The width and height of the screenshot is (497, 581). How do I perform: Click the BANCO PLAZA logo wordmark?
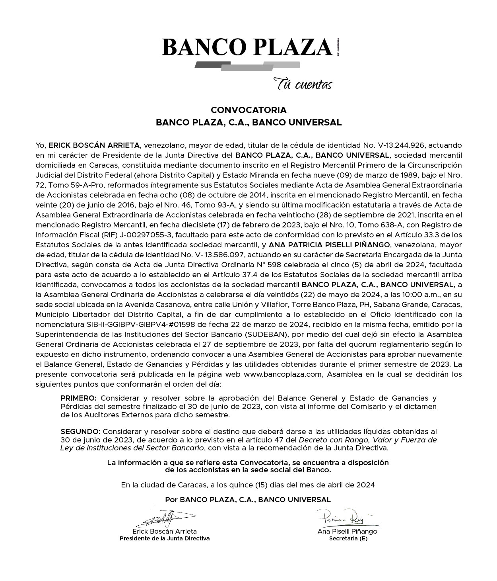point(247,47)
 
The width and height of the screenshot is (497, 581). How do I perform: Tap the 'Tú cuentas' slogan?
point(302,84)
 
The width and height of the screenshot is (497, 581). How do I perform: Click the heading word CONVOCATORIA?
point(248,110)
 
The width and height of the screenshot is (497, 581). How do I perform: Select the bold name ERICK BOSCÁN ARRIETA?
point(94,145)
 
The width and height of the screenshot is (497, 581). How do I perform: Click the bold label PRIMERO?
point(78,398)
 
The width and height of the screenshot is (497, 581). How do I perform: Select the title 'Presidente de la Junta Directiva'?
point(165,538)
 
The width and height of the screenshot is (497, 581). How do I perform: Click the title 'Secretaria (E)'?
point(348,539)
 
